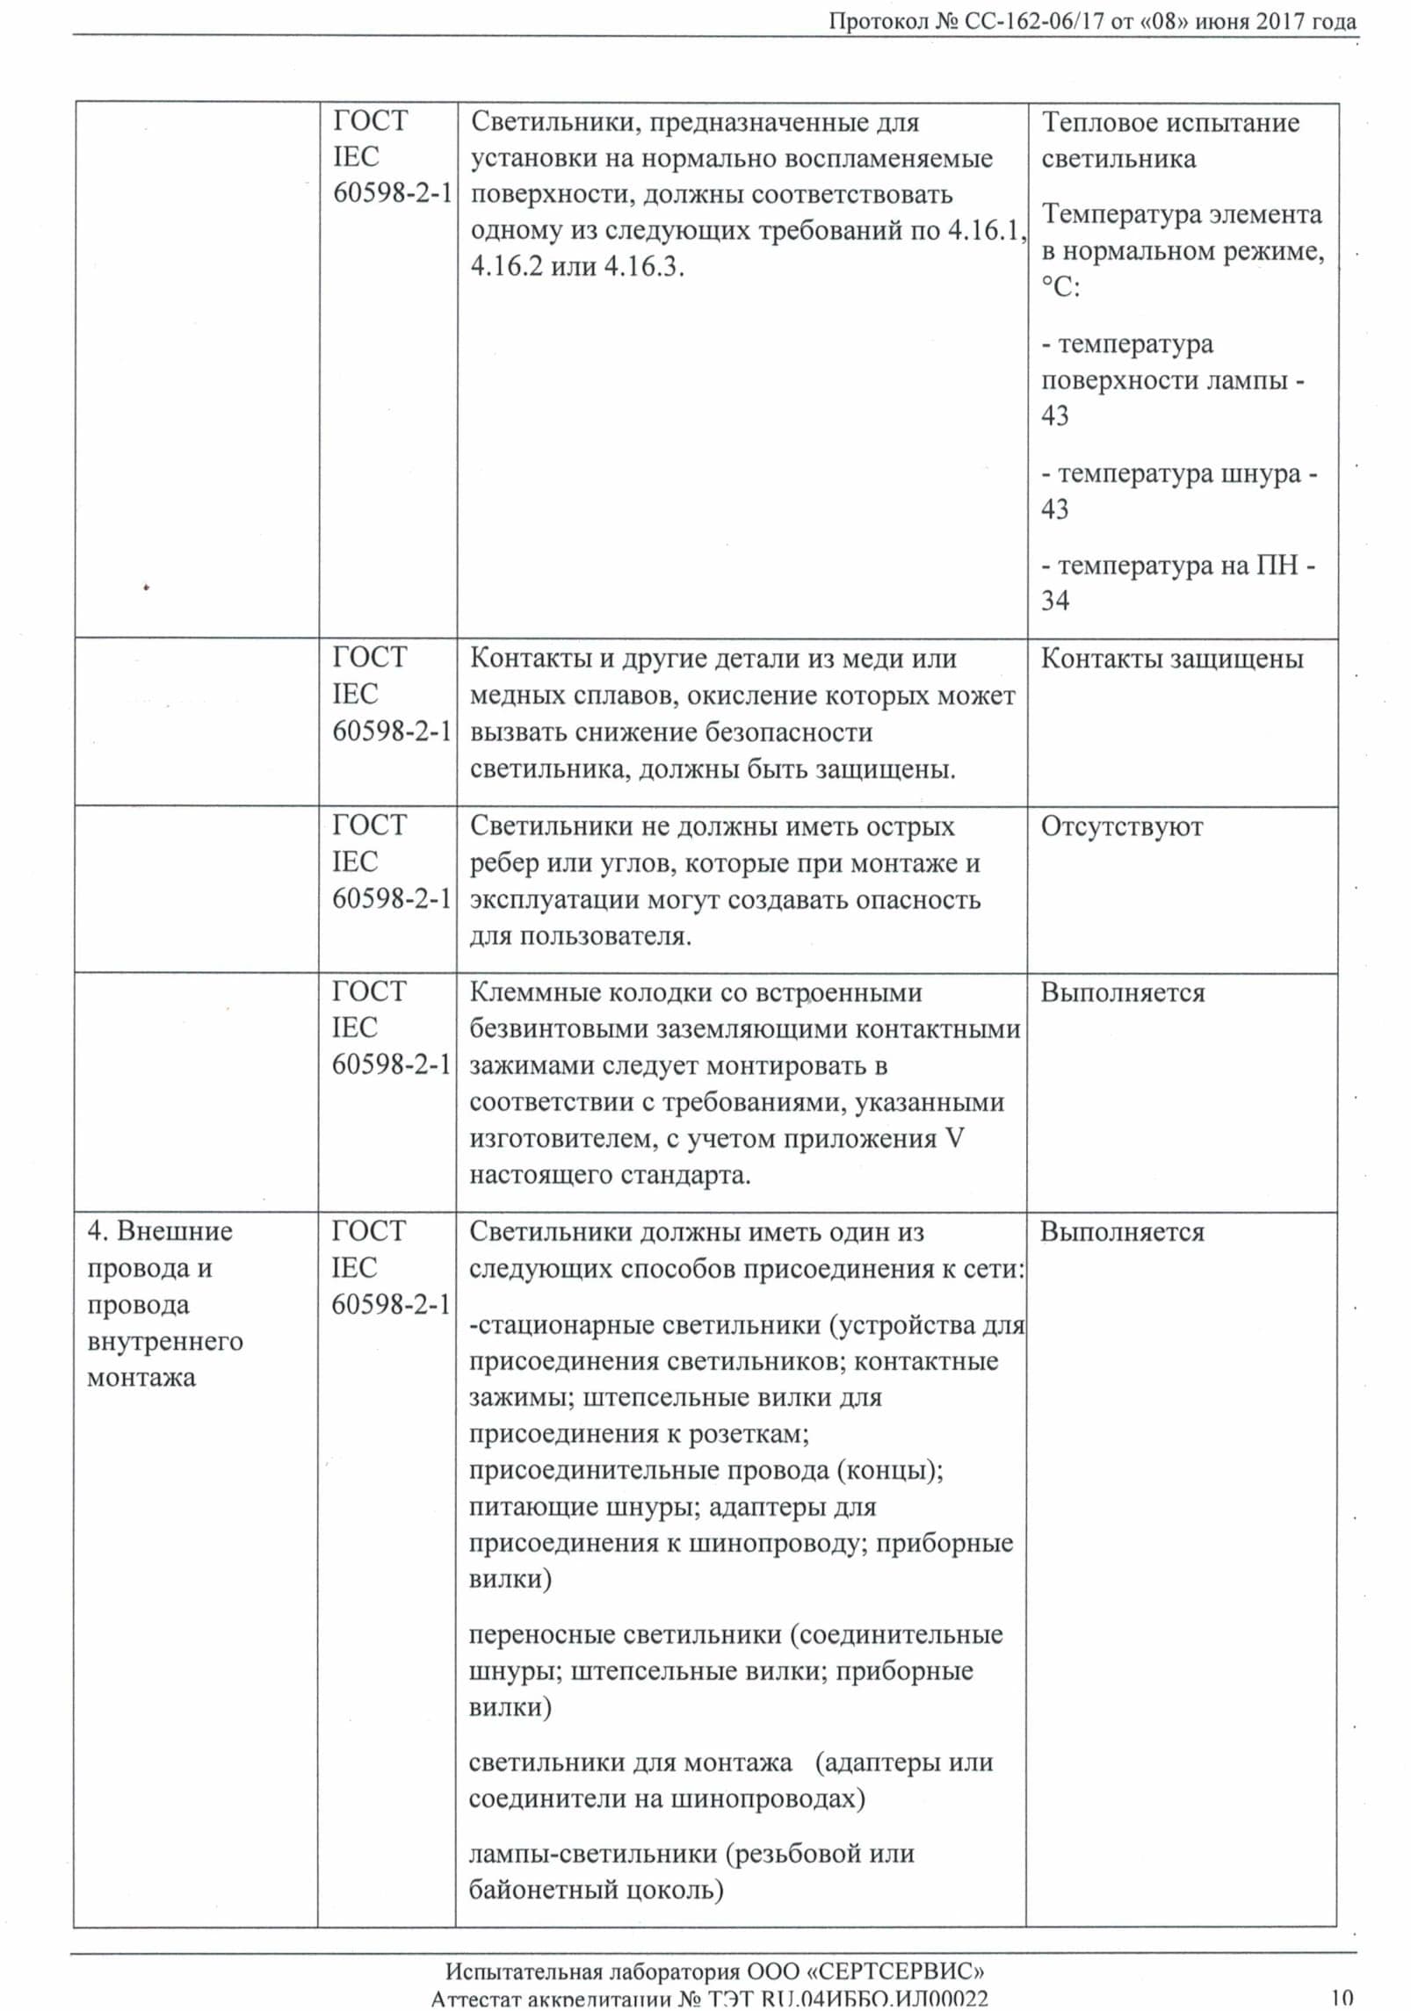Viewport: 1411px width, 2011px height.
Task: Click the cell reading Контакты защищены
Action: pyautogui.click(x=1172, y=659)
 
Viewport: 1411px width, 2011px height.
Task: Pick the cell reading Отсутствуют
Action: pyautogui.click(x=1121, y=826)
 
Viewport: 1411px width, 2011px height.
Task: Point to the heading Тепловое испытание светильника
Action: pyautogui.click(x=1170, y=141)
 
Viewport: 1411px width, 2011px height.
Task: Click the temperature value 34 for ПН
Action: pyautogui.click(x=1055, y=601)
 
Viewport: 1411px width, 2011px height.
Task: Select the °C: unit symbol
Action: pyautogui.click(x=1060, y=287)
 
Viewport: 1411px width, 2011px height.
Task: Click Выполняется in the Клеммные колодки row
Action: pyautogui.click(x=1123, y=992)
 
